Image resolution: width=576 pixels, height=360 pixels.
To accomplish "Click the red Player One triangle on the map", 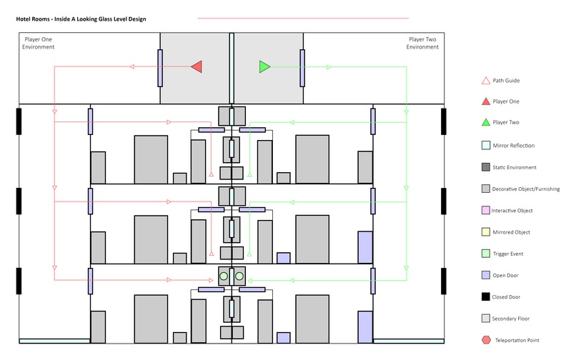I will coord(197,66).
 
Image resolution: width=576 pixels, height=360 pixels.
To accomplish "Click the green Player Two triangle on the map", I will coord(264,66).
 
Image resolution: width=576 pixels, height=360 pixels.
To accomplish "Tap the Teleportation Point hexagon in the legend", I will coord(486,339).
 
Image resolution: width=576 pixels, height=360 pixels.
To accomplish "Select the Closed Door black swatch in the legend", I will coord(486,296).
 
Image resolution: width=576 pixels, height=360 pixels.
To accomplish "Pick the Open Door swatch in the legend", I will coord(486,275).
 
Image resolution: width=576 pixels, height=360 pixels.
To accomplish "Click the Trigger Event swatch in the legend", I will coord(486,254).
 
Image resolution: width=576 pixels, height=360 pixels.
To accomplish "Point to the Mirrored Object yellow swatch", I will coord(486,232).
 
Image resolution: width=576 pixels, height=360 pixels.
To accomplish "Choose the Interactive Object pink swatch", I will coord(486,210).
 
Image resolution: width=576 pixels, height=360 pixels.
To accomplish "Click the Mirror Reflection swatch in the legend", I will coord(486,146).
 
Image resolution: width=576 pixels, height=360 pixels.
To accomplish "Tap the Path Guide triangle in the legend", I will coord(486,81).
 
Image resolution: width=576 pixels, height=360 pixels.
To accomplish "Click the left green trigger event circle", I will coord(223,276).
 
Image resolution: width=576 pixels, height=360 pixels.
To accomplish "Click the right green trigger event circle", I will coord(239,276).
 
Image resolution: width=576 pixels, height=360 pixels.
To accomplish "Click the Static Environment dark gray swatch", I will coord(486,167).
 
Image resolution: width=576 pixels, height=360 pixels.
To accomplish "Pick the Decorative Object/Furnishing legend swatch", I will coord(486,189).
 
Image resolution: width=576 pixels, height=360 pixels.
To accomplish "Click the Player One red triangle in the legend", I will coord(486,102).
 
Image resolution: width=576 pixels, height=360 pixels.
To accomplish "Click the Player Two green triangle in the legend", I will coord(486,124).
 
